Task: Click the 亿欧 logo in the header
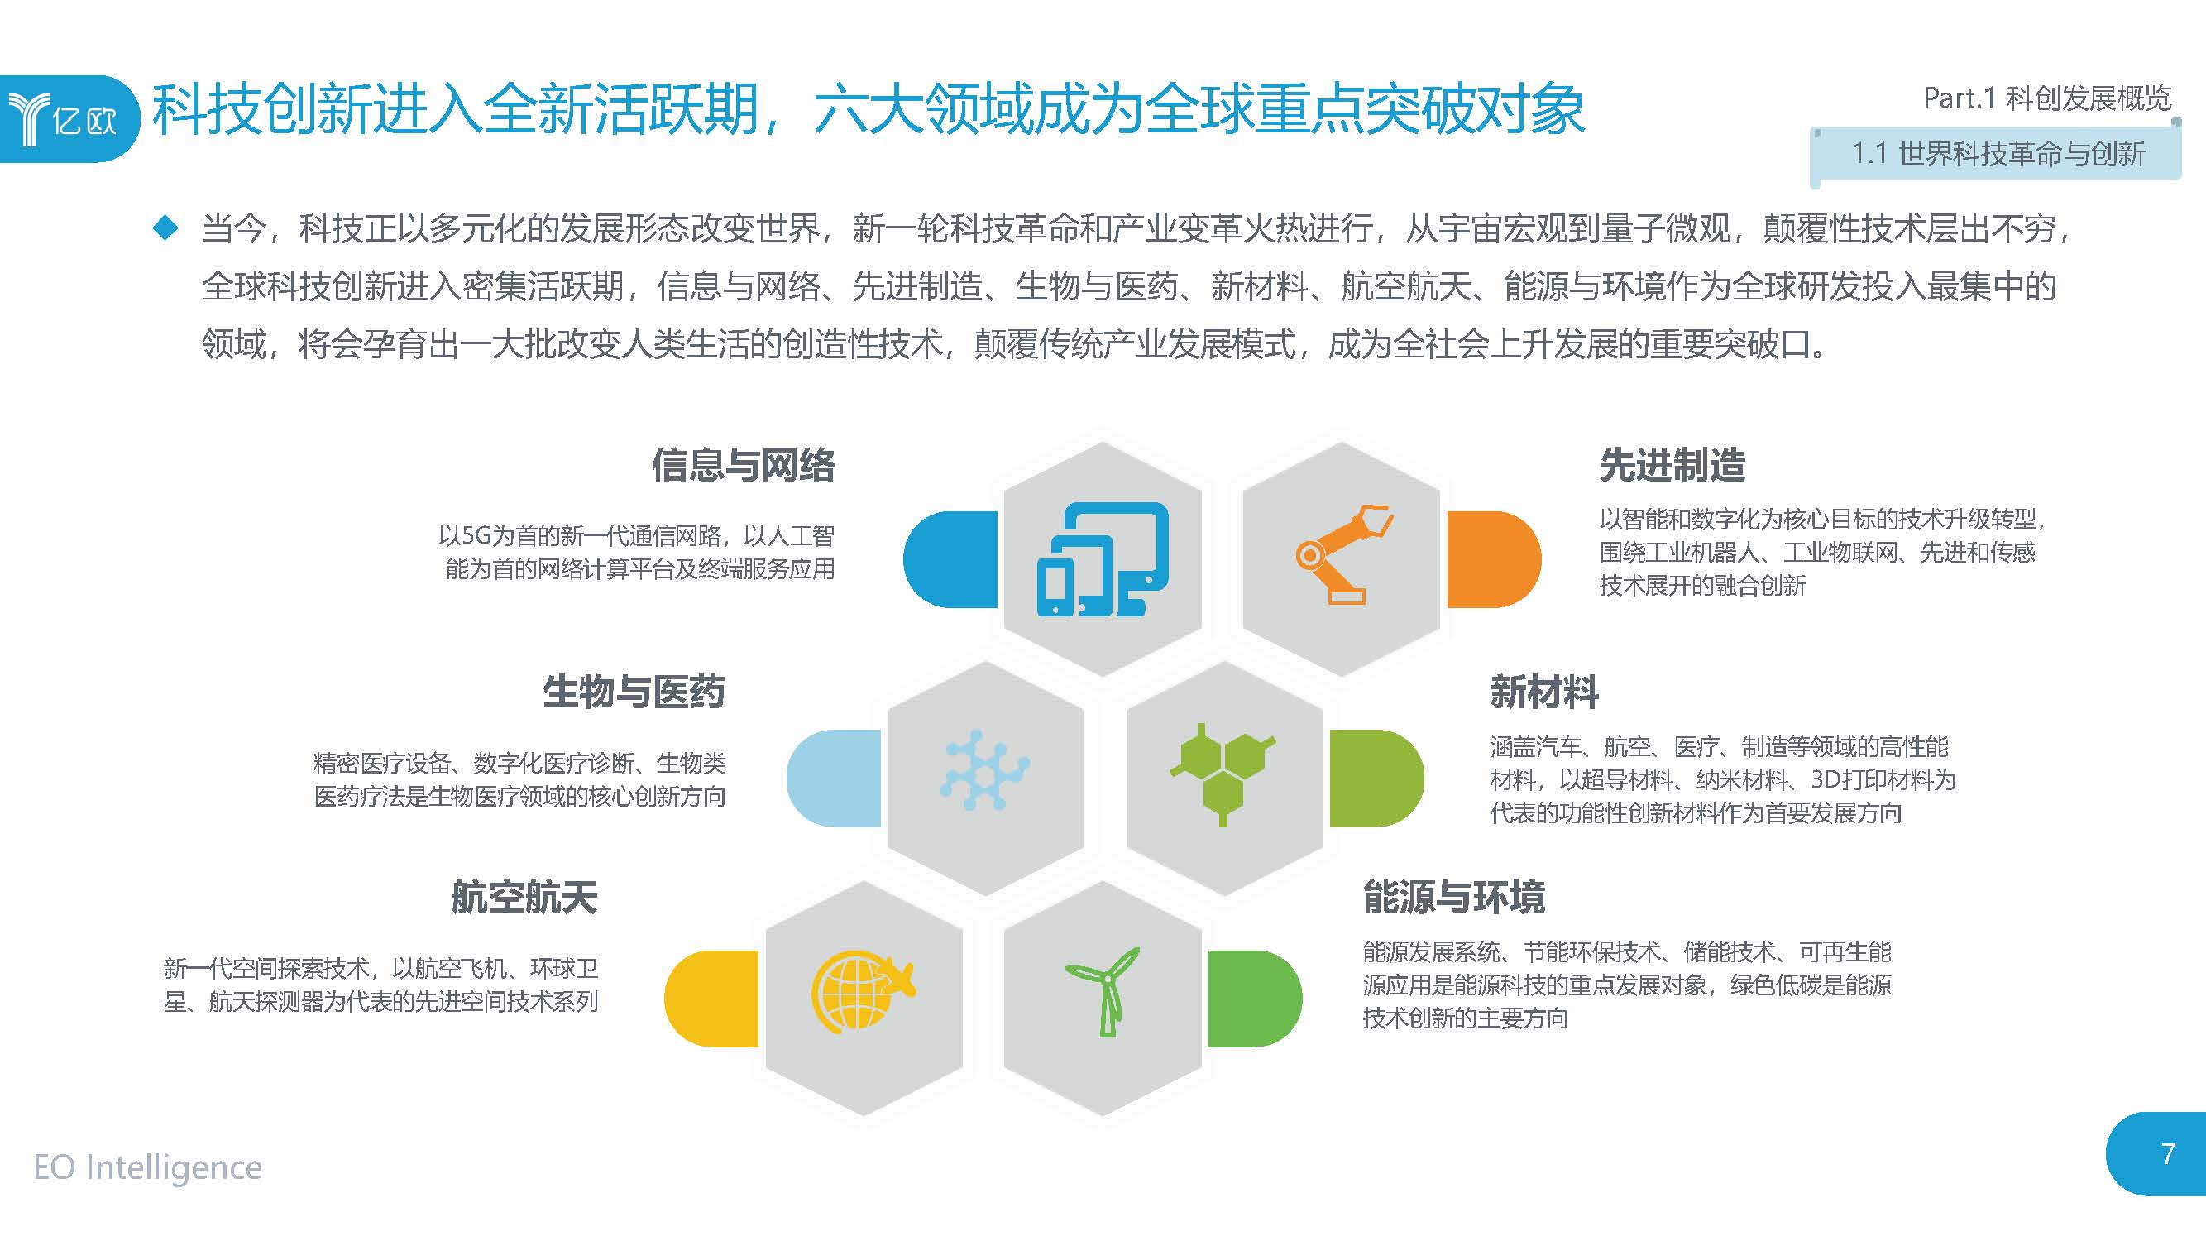coord(65,118)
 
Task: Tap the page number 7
coord(2167,1153)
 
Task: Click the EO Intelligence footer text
coord(147,1167)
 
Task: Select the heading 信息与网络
coord(743,466)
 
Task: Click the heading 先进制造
coord(1672,466)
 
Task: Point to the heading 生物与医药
coord(634,692)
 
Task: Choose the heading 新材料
coord(1544,692)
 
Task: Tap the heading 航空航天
coord(524,898)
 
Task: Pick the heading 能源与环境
coord(1453,898)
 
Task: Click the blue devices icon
coord(1102,558)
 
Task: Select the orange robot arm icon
coord(1342,554)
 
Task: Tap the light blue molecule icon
coord(984,771)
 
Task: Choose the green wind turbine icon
coord(1104,991)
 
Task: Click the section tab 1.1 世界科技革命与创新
coord(1997,155)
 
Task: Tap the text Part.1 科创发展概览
coord(2046,98)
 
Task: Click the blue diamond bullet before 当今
coord(165,228)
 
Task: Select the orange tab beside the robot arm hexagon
coord(1493,559)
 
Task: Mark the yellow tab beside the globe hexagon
coord(712,999)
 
